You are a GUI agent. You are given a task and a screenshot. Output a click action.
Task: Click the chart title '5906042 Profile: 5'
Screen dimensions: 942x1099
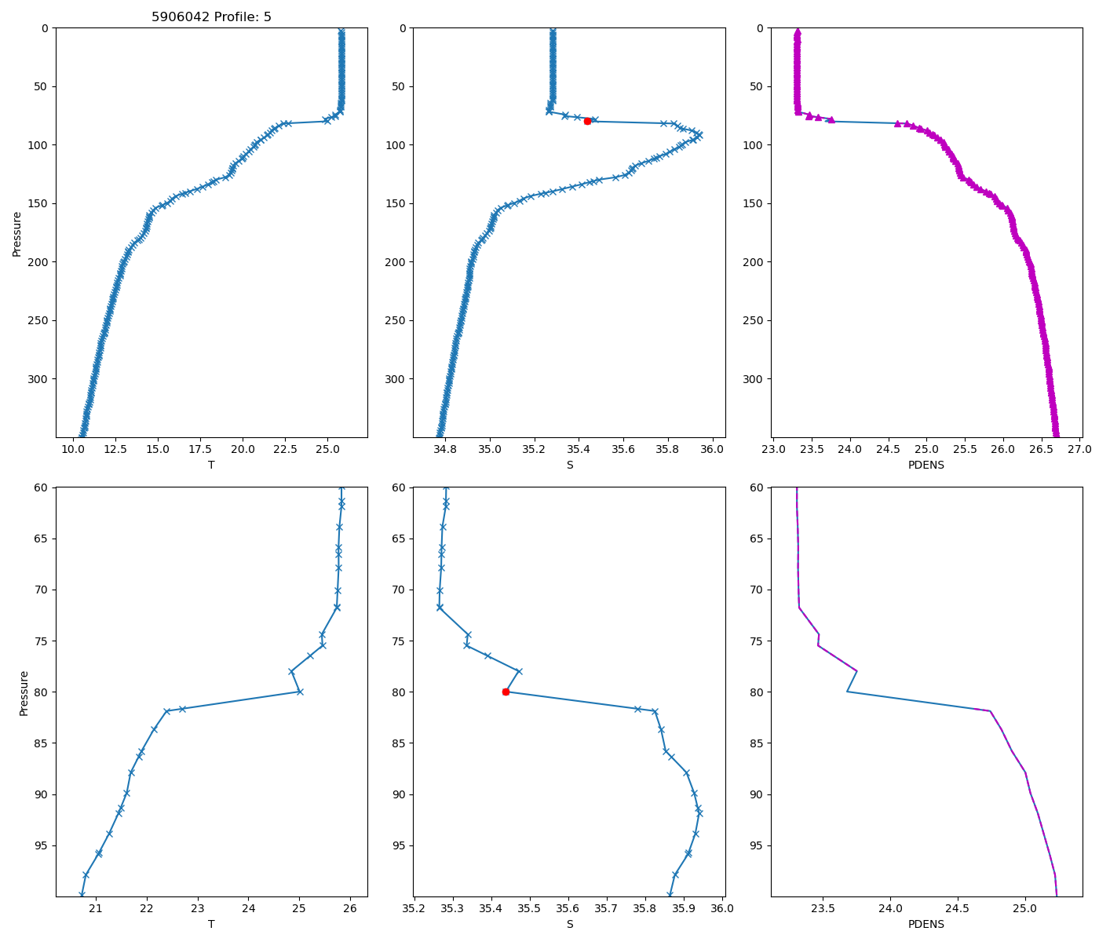(x=211, y=16)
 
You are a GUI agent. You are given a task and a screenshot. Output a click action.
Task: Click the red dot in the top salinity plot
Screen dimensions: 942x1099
(x=587, y=121)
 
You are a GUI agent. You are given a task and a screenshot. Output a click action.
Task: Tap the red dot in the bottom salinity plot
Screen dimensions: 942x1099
(x=506, y=692)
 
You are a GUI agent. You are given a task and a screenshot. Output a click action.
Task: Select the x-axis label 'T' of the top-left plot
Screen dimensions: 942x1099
(x=211, y=465)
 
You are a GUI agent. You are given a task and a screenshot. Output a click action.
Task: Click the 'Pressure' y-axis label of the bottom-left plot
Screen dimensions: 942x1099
(x=24, y=692)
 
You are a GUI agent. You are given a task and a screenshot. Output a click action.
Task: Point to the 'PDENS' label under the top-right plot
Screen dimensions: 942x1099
(x=926, y=465)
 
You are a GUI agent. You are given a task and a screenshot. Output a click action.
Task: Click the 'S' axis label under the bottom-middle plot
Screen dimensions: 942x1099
(x=569, y=924)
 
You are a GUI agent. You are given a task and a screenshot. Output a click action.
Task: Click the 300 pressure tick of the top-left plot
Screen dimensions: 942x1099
(x=38, y=379)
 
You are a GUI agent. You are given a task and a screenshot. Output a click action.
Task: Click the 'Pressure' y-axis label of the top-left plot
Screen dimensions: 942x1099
(x=17, y=233)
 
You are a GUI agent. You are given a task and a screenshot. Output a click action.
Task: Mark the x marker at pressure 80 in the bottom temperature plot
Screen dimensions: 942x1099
(x=299, y=692)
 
